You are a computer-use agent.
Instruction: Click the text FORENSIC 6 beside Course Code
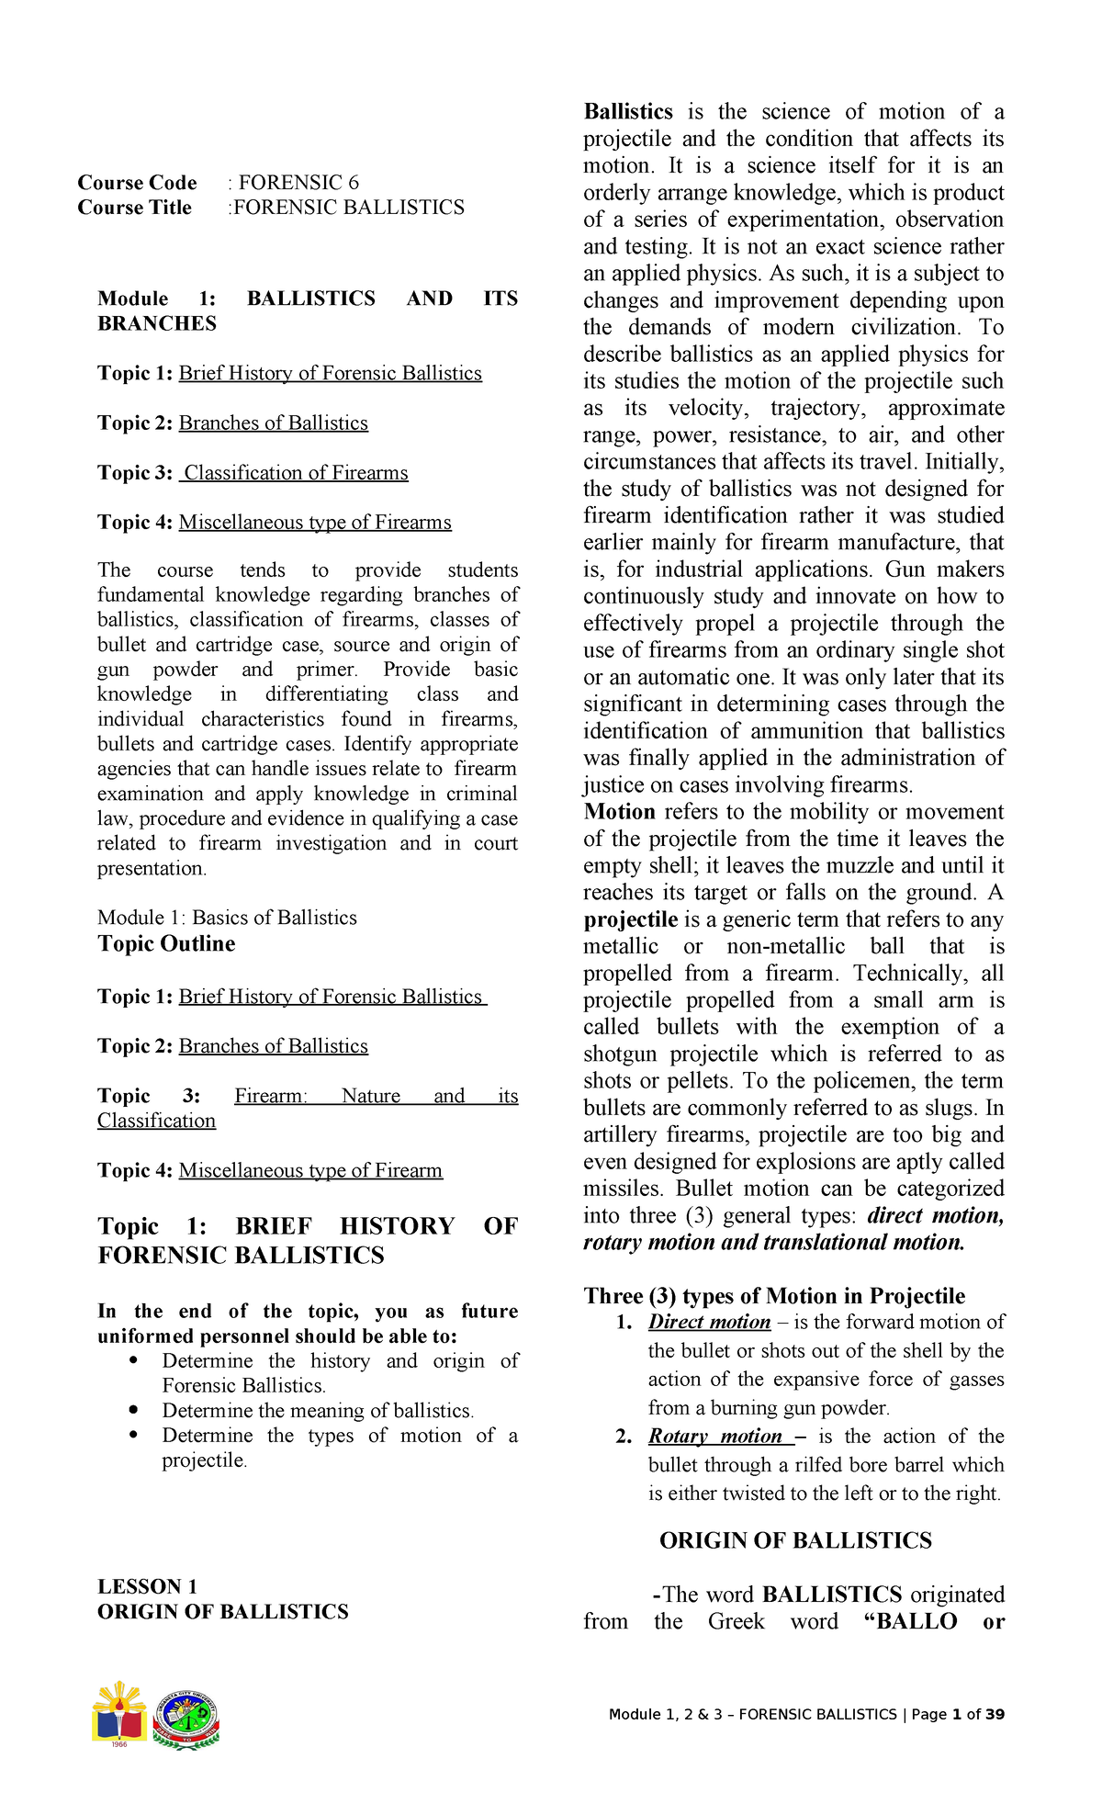pos(298,183)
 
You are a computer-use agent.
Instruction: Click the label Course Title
pos(135,208)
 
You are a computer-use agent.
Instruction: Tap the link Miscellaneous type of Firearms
pos(315,523)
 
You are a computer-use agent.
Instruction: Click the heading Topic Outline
pos(166,944)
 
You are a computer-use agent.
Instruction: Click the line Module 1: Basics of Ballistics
pos(227,918)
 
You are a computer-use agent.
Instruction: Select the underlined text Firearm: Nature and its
pos(376,1096)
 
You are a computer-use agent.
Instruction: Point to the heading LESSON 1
pos(147,1586)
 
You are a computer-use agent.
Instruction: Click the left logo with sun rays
pos(118,1714)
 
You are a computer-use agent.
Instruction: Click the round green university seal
pos(186,1719)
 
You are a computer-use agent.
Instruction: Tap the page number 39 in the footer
pos(995,1715)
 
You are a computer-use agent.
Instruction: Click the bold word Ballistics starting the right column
pos(628,112)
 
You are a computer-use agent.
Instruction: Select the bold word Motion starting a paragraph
pos(619,812)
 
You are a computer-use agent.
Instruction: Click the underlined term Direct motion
pos(709,1322)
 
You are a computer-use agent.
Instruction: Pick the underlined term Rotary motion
pos(715,1437)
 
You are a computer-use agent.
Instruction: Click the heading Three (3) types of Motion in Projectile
pos(774,1296)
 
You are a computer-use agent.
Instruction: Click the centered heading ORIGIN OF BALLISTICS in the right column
pos(795,1540)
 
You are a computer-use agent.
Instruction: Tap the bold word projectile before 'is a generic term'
pos(630,920)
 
